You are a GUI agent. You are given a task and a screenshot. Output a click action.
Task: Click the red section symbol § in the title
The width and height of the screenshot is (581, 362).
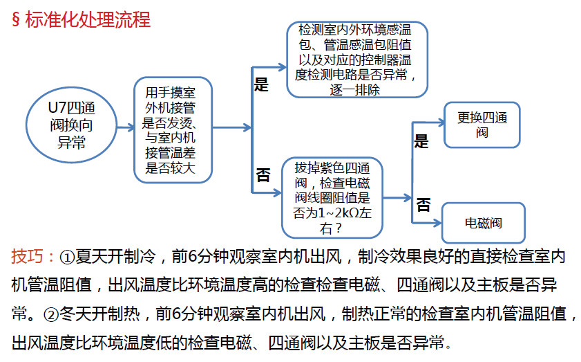[16, 19]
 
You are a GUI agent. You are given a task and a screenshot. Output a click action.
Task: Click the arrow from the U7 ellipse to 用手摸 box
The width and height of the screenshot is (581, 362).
[126, 127]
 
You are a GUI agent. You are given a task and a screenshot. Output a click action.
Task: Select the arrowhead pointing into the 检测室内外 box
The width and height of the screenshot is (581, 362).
[282, 67]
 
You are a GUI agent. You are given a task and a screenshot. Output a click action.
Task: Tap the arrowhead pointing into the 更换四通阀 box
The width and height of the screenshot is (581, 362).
[440, 122]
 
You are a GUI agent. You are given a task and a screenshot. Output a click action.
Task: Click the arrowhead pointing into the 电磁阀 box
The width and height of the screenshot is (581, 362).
[437, 223]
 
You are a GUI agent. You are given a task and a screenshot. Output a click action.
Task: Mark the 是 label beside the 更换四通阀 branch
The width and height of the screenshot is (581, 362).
[421, 141]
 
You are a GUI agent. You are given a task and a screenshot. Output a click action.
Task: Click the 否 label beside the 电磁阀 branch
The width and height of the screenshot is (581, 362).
[423, 205]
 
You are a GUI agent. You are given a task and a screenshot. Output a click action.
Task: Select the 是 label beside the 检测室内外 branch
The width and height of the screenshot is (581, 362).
[261, 84]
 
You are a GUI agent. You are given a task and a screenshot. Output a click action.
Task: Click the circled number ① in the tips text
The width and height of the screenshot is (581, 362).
[67, 257]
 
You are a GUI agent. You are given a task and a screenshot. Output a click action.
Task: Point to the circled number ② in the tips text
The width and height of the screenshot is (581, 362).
[51, 315]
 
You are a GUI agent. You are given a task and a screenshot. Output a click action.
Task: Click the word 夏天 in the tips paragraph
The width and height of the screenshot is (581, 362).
[91, 257]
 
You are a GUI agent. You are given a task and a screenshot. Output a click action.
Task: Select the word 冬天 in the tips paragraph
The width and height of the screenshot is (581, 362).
[75, 314]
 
